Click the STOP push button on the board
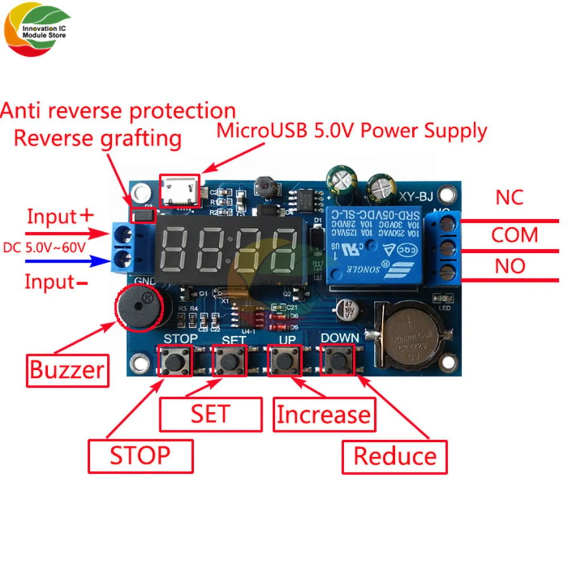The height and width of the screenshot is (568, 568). pyautogui.click(x=174, y=360)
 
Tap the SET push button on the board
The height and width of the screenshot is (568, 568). pyautogui.click(x=230, y=360)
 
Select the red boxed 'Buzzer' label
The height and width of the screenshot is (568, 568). pyautogui.click(x=67, y=370)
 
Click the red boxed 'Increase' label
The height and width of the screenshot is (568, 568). pyautogui.click(x=324, y=414)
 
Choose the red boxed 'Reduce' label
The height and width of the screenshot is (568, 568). pyautogui.click(x=395, y=456)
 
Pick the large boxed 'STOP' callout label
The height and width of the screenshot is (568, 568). pyautogui.click(x=140, y=455)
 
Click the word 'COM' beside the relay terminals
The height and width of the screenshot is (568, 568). pyautogui.click(x=514, y=235)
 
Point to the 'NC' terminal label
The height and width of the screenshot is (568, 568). pyautogui.click(x=509, y=198)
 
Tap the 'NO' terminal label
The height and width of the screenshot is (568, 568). pyautogui.click(x=509, y=266)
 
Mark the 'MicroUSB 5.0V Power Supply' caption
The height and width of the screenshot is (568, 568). pyautogui.click(x=352, y=131)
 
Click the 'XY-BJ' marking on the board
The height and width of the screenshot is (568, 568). pyautogui.click(x=416, y=197)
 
